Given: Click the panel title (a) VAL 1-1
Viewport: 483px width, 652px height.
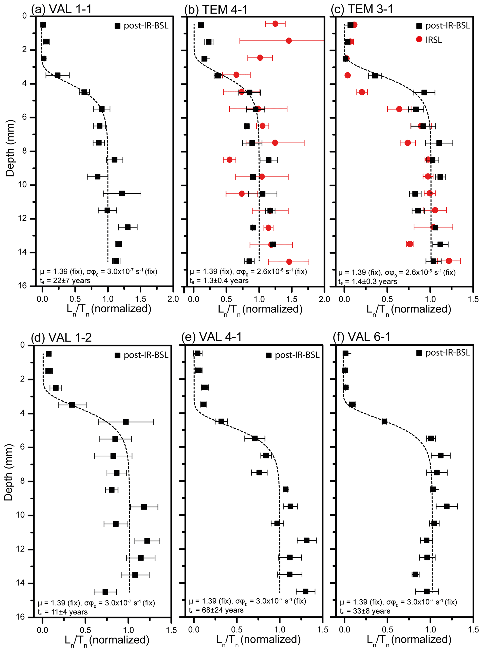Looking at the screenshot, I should (x=61, y=9).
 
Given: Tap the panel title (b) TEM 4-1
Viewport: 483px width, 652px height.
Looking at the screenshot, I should (x=216, y=10).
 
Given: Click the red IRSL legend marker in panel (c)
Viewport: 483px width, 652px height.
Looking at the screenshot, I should (x=419, y=39).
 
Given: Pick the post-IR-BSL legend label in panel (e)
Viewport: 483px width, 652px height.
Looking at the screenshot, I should (x=297, y=355).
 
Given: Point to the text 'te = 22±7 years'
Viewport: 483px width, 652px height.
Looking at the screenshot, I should (x=65, y=281).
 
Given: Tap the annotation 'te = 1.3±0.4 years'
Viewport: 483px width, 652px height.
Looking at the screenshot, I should (x=219, y=281).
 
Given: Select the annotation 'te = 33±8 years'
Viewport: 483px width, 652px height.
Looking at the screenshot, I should (x=365, y=611).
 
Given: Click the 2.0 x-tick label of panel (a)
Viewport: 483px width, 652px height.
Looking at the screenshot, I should (x=173, y=299).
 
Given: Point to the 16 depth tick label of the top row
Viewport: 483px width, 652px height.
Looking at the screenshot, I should (x=21, y=285).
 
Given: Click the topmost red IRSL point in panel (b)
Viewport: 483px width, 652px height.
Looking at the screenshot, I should (x=275, y=23).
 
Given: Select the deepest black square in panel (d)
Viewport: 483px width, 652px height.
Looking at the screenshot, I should (x=105, y=592).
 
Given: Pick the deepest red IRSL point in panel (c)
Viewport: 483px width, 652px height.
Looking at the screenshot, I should (x=449, y=261).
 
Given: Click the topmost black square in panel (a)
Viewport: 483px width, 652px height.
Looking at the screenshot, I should (x=43, y=25).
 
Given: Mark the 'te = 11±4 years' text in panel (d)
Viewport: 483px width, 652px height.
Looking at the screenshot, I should (x=63, y=612).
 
